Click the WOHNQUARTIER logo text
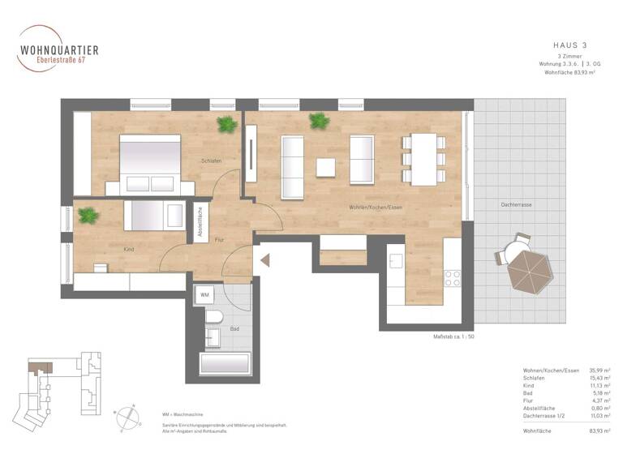click(x=58, y=49)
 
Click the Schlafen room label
click(x=212, y=161)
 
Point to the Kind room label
click(x=128, y=250)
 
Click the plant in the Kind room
click(x=87, y=216)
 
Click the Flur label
click(x=219, y=240)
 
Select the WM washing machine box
click(x=205, y=295)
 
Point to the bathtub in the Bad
click(x=225, y=362)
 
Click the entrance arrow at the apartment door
click(x=264, y=261)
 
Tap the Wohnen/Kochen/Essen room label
click(x=376, y=208)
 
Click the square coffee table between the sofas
click(x=326, y=167)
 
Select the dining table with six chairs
click(x=423, y=158)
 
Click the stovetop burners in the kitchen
click(x=453, y=278)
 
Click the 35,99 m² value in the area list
click(x=601, y=370)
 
